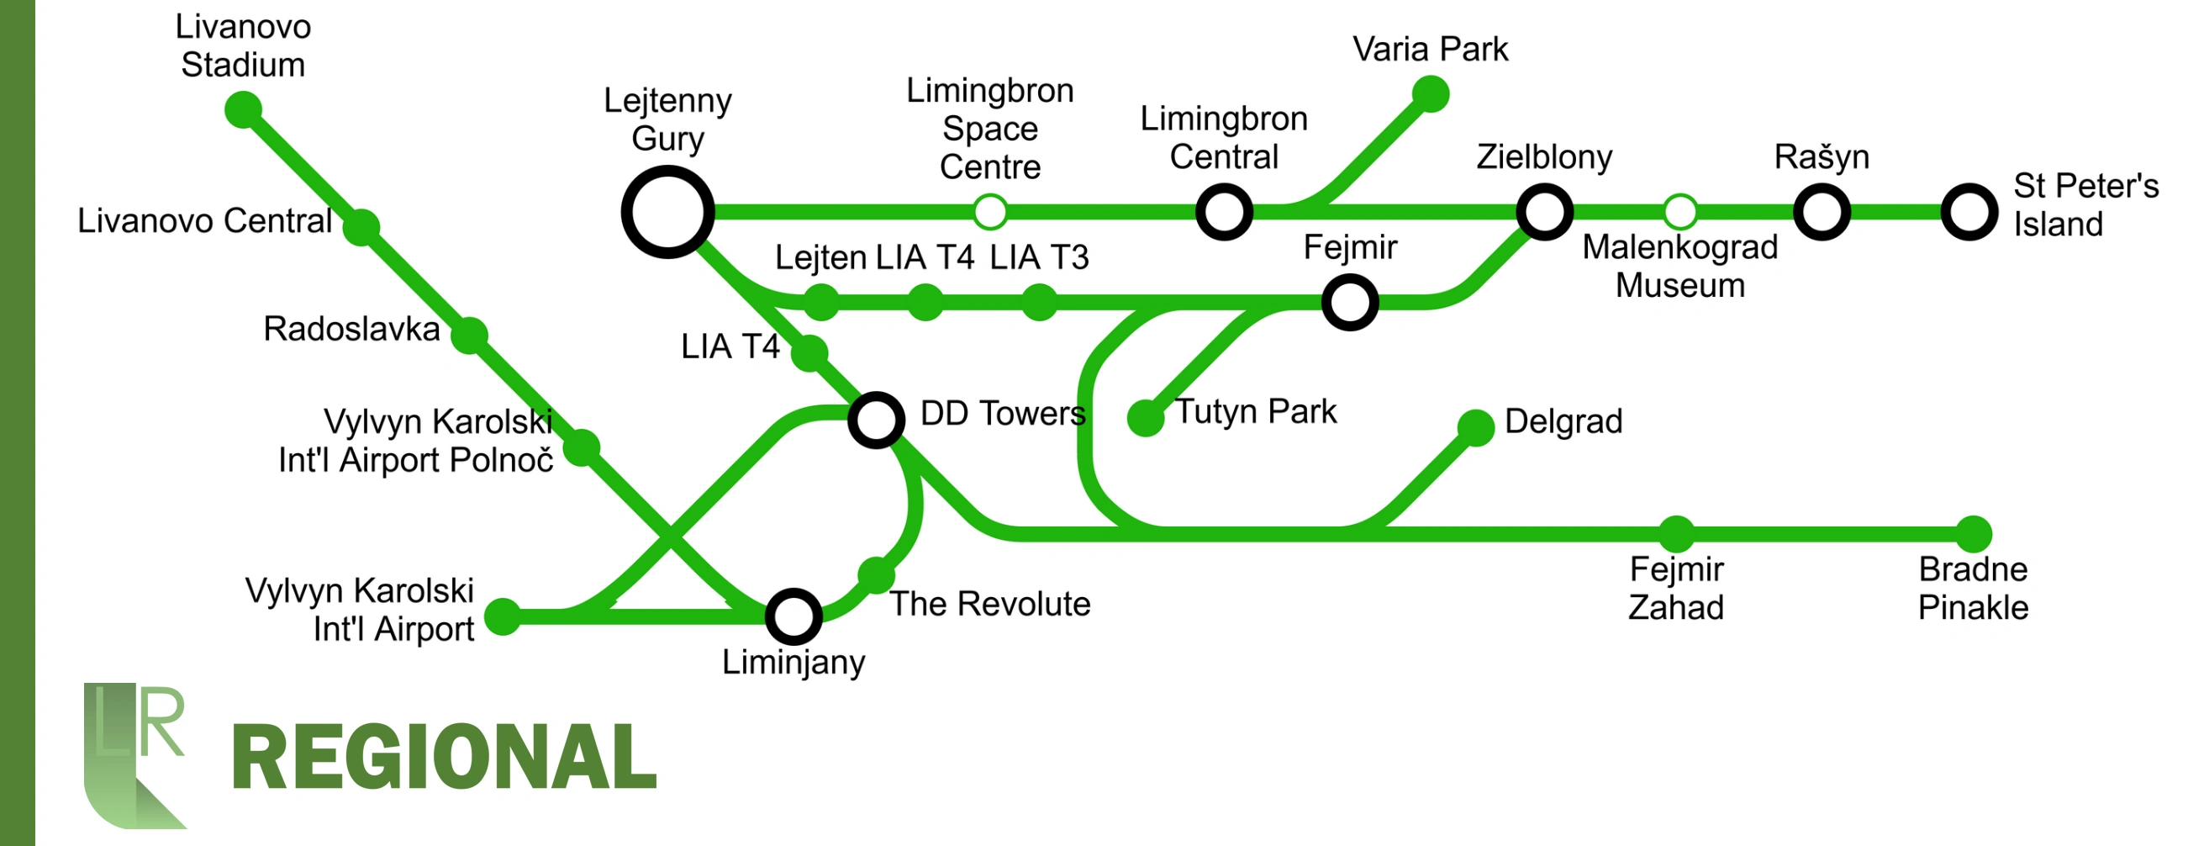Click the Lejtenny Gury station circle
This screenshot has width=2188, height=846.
point(667,212)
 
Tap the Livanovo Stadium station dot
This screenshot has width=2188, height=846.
point(243,110)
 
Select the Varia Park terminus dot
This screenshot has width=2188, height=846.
point(1431,93)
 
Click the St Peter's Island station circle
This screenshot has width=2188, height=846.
point(1969,212)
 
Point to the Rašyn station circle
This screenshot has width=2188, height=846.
point(1821,212)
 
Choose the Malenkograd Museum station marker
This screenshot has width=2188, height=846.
point(1679,212)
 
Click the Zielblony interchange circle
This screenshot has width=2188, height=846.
point(1544,212)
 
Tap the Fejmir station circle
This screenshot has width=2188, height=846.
point(1350,302)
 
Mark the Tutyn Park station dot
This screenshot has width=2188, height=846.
point(1145,418)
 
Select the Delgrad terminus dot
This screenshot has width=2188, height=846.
point(1475,427)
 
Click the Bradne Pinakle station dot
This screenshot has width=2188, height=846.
point(1973,533)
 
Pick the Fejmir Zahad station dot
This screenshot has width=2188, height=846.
point(1676,533)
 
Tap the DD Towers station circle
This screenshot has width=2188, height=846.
point(876,420)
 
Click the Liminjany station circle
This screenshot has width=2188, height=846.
point(793,616)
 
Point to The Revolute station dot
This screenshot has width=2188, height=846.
point(876,575)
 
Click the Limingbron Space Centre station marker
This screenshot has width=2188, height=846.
point(989,212)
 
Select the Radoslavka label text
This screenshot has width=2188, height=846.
point(351,329)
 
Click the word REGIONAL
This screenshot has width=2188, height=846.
point(443,757)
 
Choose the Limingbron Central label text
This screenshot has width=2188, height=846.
point(1223,138)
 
